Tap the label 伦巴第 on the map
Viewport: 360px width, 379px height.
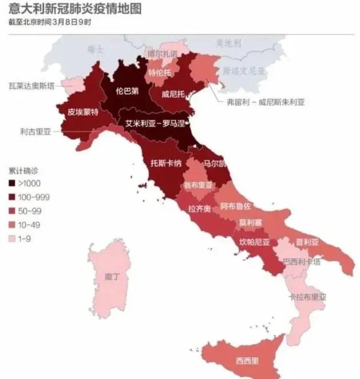pyautogui.click(x=127, y=90)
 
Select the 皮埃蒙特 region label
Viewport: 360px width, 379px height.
pyautogui.click(x=83, y=112)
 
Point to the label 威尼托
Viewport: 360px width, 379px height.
pyautogui.click(x=173, y=93)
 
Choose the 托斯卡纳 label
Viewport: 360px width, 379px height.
pyautogui.click(x=166, y=163)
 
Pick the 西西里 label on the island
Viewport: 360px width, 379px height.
pyautogui.click(x=247, y=361)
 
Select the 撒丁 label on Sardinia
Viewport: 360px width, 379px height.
pyautogui.click(x=112, y=277)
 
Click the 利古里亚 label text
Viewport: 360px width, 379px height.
pyautogui.click(x=36, y=131)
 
